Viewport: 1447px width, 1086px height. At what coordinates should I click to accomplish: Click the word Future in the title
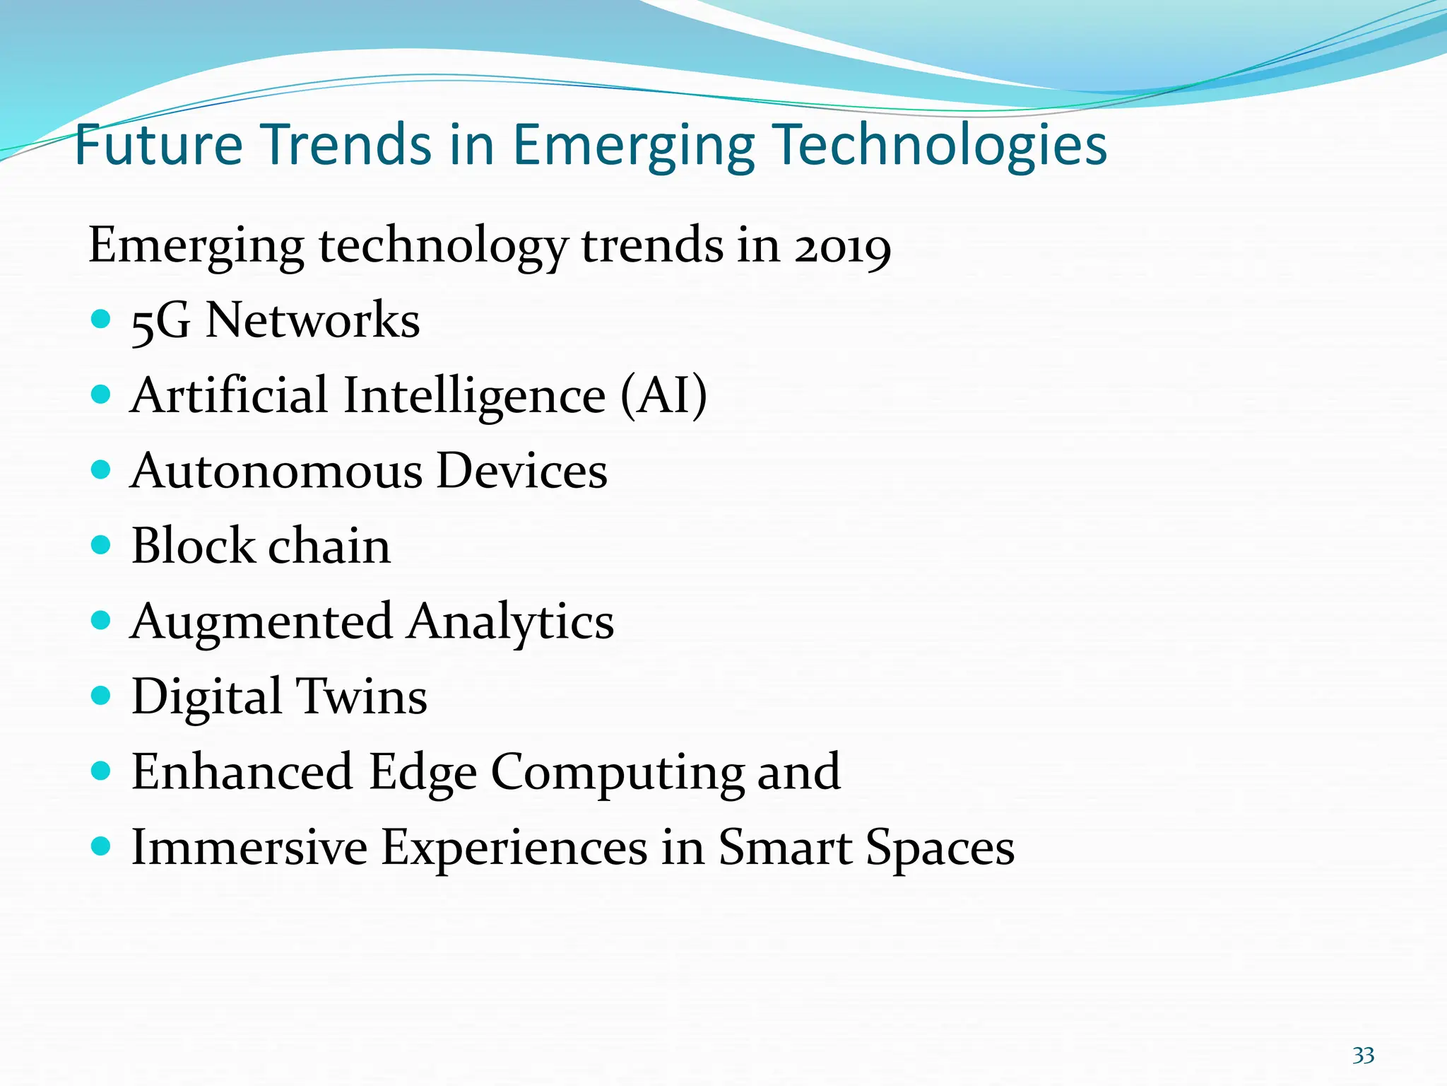[158, 145]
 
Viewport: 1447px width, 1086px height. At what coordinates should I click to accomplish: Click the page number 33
[1363, 1056]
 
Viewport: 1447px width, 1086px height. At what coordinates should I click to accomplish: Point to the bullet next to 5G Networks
[102, 319]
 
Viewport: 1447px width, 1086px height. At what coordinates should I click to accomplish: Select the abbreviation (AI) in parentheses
[663, 395]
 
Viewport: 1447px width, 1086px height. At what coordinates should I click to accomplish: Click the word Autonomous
[276, 472]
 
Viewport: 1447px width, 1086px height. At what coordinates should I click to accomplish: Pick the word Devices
[522, 472]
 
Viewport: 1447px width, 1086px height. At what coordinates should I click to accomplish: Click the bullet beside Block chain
[102, 545]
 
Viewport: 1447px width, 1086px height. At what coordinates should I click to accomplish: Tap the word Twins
[361, 697]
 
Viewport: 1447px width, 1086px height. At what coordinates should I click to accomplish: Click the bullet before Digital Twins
[102, 696]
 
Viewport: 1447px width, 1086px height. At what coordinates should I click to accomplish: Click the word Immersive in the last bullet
[249, 848]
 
